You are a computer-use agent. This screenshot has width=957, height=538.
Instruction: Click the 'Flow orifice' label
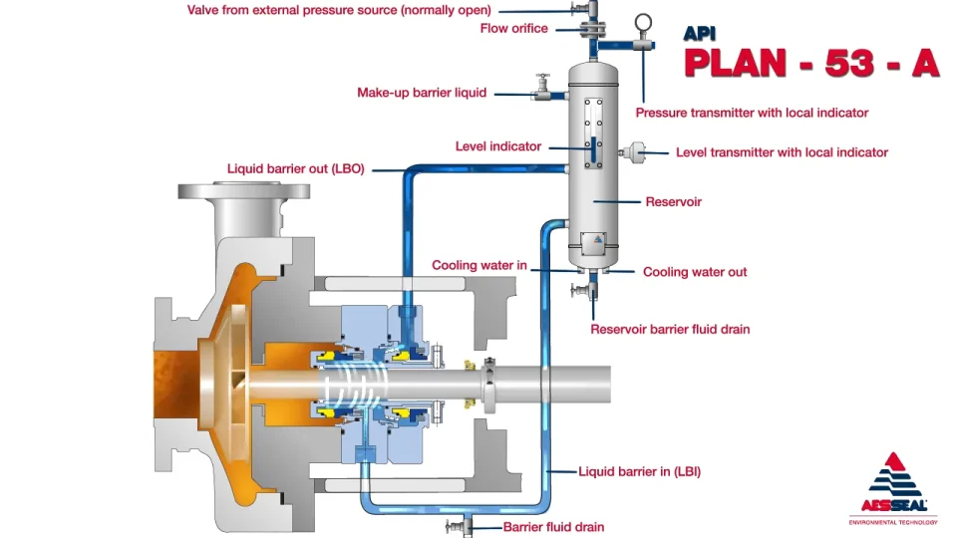(x=513, y=29)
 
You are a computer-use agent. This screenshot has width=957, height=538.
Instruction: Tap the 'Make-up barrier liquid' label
(x=422, y=93)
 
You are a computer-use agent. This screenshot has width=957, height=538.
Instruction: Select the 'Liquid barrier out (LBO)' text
(x=296, y=169)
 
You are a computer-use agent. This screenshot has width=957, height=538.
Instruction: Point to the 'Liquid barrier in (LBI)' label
(x=639, y=471)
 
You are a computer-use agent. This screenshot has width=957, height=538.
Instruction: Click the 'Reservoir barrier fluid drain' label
(x=670, y=329)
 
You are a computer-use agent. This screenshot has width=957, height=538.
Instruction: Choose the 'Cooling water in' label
(x=478, y=266)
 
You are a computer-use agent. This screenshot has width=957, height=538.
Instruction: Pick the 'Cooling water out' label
(x=694, y=272)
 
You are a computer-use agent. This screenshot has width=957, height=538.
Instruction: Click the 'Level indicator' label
(x=497, y=146)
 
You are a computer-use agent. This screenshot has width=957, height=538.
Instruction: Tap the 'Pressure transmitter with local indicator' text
(x=752, y=113)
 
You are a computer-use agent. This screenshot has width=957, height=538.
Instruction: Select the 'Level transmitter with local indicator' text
(x=782, y=152)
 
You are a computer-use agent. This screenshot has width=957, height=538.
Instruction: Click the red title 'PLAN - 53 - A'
(x=810, y=62)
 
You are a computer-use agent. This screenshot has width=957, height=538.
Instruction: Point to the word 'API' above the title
(x=700, y=33)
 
